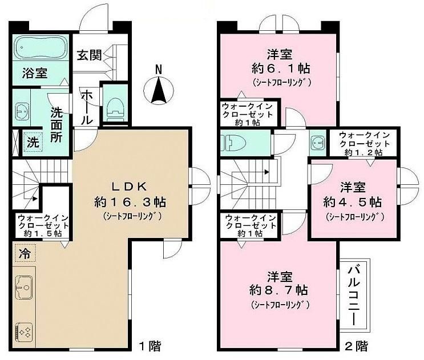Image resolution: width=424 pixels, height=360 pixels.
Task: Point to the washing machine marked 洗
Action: (33, 143)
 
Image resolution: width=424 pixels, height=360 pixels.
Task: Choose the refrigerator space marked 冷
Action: (26, 253)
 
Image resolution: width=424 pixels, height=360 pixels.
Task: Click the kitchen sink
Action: (24, 288)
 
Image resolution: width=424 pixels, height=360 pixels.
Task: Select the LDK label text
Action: (130, 187)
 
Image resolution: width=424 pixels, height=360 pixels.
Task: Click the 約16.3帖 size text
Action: (130, 202)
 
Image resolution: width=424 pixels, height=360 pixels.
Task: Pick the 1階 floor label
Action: (150, 346)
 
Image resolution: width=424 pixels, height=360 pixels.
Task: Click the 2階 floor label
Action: (357, 346)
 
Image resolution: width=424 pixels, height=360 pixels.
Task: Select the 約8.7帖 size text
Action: (279, 290)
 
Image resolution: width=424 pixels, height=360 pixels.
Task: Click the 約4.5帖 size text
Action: (353, 201)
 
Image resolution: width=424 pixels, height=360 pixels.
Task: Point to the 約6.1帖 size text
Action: (281, 68)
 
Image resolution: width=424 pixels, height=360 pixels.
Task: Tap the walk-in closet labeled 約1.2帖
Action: (364, 144)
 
